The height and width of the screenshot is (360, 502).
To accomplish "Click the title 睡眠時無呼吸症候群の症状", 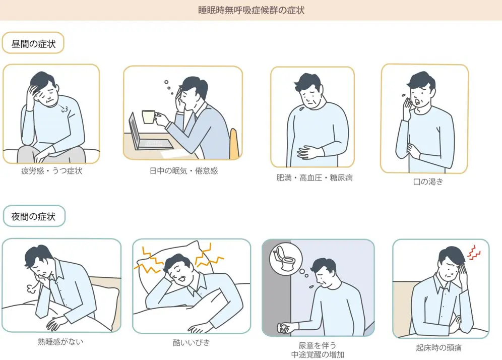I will (x=251, y=10).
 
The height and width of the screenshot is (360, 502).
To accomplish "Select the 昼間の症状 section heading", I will (x=33, y=43).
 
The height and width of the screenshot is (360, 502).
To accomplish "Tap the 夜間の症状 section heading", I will (x=33, y=217).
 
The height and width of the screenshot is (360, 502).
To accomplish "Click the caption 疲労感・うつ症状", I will (x=51, y=171).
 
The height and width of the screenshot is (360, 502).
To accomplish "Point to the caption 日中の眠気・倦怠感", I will (x=183, y=171).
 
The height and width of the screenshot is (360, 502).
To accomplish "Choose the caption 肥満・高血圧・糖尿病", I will (x=314, y=178).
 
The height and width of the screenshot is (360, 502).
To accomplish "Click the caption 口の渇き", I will (x=425, y=182).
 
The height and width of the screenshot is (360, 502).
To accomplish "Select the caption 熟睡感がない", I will (x=60, y=341).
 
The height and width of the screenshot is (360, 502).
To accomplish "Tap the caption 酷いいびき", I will (x=191, y=343).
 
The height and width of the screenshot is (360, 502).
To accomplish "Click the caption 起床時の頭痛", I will (x=439, y=347).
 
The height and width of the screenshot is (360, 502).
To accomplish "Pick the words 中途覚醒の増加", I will (x=318, y=354).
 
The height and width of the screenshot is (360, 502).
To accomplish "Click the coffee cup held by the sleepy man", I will (x=148, y=117).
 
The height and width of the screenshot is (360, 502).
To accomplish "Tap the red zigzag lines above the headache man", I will (x=474, y=252).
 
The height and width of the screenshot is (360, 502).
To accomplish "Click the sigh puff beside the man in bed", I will (x=28, y=288).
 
